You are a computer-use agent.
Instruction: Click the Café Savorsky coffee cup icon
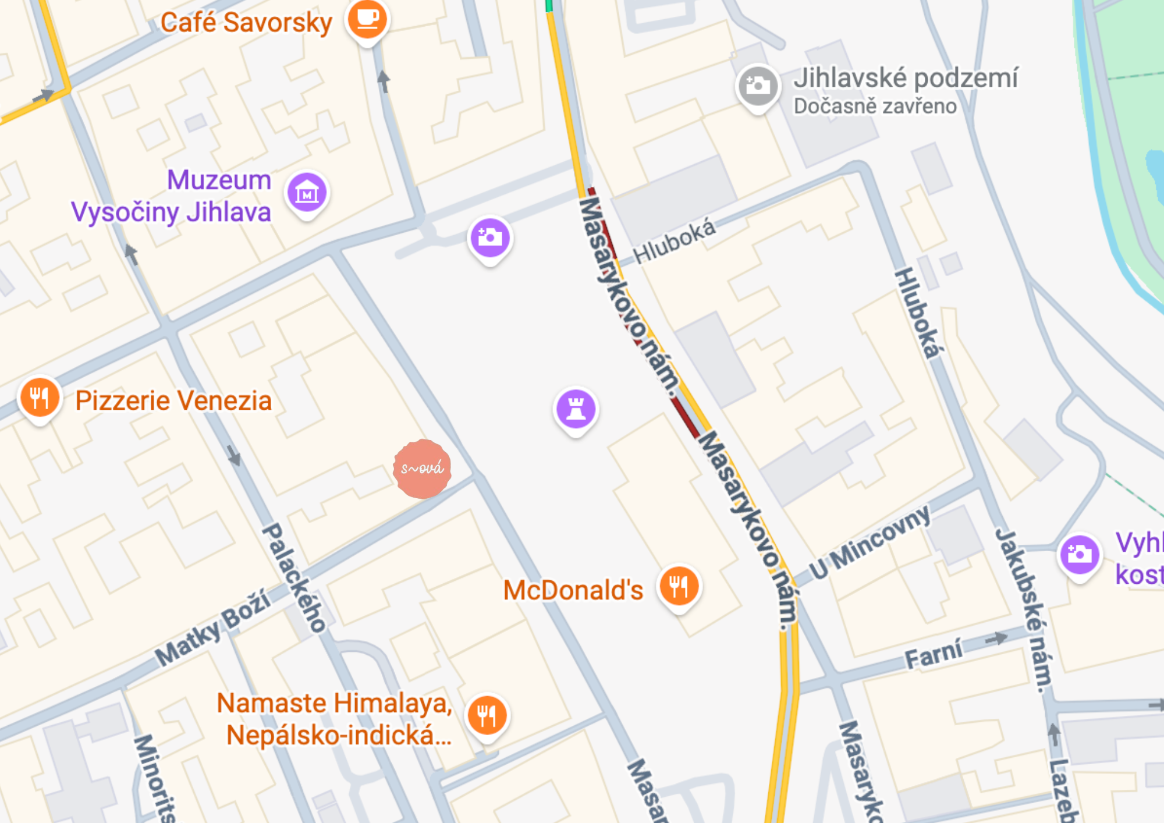pyautogui.click(x=367, y=19)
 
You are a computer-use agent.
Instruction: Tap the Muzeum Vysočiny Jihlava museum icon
pyautogui.click(x=307, y=193)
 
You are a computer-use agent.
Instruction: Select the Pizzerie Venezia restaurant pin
pyautogui.click(x=40, y=398)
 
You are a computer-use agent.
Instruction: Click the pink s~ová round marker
pyautogui.click(x=422, y=469)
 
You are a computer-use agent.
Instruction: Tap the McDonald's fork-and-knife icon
pyautogui.click(x=679, y=586)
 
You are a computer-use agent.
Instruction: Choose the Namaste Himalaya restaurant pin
pyautogui.click(x=487, y=715)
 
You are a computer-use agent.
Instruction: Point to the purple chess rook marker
pyautogui.click(x=576, y=409)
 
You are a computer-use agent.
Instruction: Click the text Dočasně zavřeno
pyautogui.click(x=875, y=107)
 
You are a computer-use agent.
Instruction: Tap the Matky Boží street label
pyautogui.click(x=213, y=627)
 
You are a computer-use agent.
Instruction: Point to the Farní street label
pyautogui.click(x=933, y=655)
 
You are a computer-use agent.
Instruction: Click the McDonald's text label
pyautogui.click(x=573, y=590)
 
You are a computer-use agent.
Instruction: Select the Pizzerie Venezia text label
pyautogui.click(x=173, y=401)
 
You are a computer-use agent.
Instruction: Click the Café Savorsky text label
pyautogui.click(x=246, y=23)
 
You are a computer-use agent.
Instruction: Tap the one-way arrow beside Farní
pyautogui.click(x=996, y=638)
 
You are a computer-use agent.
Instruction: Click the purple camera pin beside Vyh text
pyautogui.click(x=1080, y=555)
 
